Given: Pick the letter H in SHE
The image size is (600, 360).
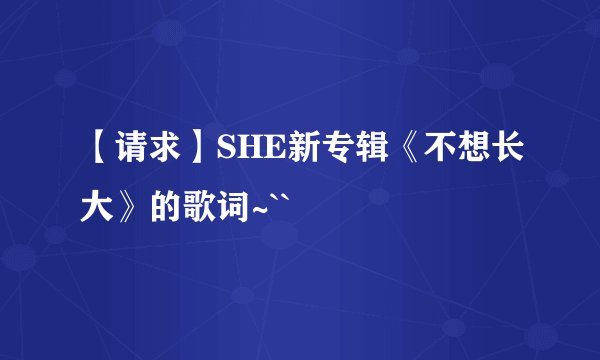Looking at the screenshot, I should (245, 151).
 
